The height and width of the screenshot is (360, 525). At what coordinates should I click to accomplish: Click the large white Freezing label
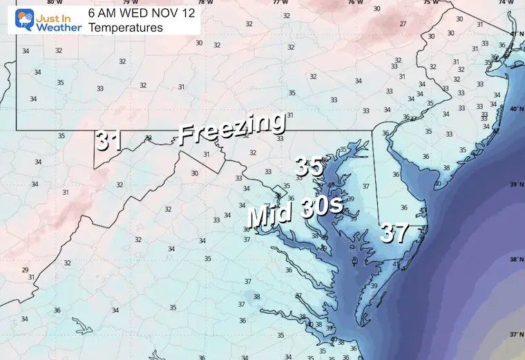tap(231, 128)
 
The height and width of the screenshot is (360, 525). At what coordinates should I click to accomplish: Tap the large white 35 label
tap(309, 167)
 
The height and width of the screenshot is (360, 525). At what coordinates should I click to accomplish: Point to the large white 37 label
tap(394, 233)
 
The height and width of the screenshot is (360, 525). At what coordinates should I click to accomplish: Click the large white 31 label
tap(109, 140)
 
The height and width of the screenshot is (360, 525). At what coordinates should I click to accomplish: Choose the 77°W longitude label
tap(279, 2)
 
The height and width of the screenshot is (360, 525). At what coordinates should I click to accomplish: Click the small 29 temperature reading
tap(25, 270)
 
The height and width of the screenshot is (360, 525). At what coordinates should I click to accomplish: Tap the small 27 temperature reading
tap(402, 23)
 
